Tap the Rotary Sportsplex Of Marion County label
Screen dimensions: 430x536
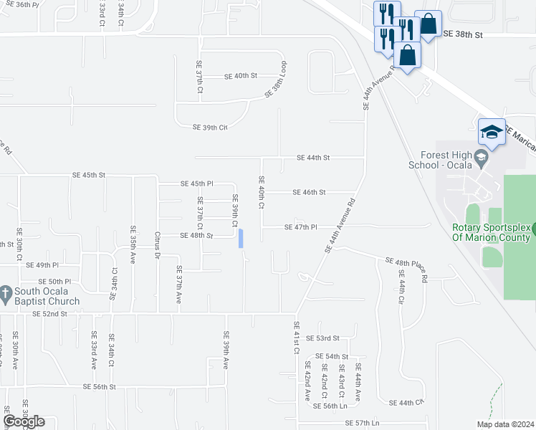point(491,233)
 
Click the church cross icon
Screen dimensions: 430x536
point(5,292)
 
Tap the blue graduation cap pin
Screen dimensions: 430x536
point(492,132)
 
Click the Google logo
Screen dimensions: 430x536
point(24,421)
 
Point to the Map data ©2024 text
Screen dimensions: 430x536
point(505,424)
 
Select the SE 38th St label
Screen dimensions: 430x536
point(463,34)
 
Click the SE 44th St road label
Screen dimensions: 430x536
point(313,158)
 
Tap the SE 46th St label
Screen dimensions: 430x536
point(310,192)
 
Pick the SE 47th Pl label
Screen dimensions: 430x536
point(301,227)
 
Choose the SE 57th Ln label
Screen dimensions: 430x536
point(361,423)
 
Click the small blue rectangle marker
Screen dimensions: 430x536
point(241,238)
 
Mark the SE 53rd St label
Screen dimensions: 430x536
point(322,338)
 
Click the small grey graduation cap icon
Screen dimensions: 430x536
point(482,158)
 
